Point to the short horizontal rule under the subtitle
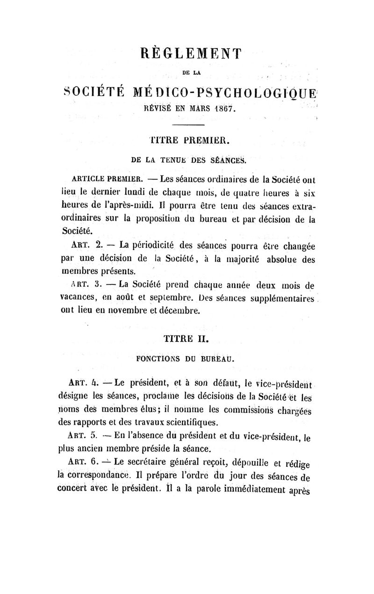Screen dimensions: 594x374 pos(188,126)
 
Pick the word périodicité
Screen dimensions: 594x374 pos(154,245)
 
